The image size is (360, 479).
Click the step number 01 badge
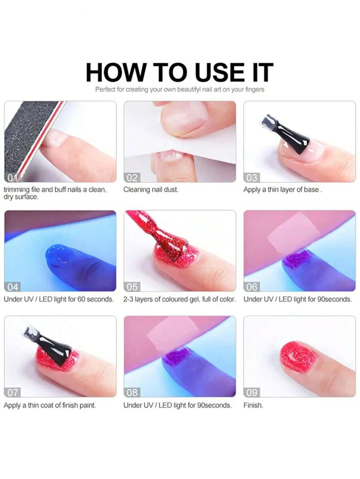pos(12,178)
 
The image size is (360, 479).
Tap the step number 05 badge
pos(132,287)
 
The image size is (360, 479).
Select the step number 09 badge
pos(252,392)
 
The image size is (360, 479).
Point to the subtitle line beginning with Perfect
pos(180,90)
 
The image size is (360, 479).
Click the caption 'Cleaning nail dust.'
pos(151,190)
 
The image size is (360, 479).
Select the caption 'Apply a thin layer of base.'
pos(282,190)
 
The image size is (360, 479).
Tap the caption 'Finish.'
pos(253,405)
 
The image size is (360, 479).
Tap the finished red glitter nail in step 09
pos(298,357)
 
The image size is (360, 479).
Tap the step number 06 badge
pos(252,287)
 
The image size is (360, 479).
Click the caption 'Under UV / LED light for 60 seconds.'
pos(59,299)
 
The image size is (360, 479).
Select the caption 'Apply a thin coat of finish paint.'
pos(50,405)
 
